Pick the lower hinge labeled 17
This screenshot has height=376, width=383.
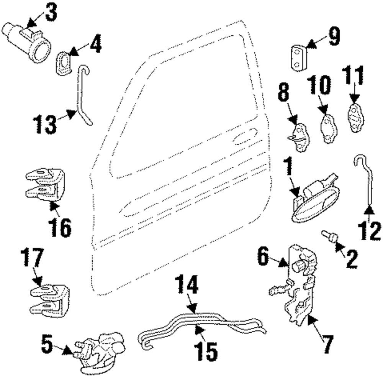coord(50,297)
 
